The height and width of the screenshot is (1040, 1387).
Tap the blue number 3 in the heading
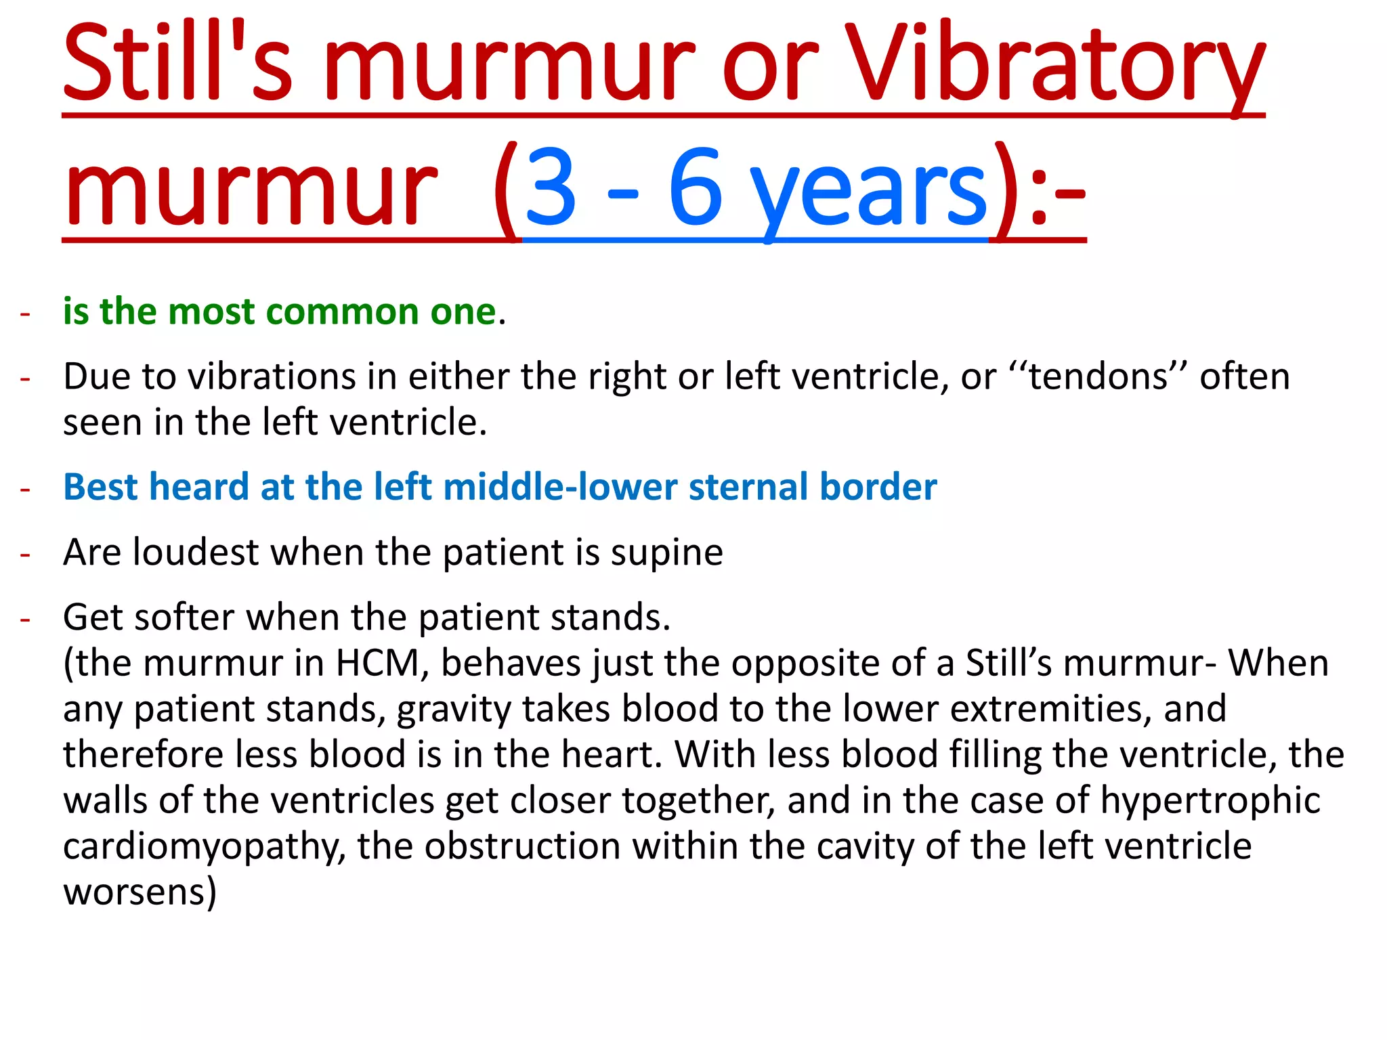[x=551, y=188]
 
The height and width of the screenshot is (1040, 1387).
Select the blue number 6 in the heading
[x=695, y=188]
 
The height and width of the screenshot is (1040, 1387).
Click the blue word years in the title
[x=870, y=193]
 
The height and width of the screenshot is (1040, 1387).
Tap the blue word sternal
[x=748, y=487]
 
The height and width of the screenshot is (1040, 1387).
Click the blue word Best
[x=101, y=487]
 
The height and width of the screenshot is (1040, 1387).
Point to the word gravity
[x=454, y=710]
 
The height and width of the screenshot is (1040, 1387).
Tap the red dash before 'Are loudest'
[x=26, y=555]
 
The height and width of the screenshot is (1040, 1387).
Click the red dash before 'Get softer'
[x=26, y=620]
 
